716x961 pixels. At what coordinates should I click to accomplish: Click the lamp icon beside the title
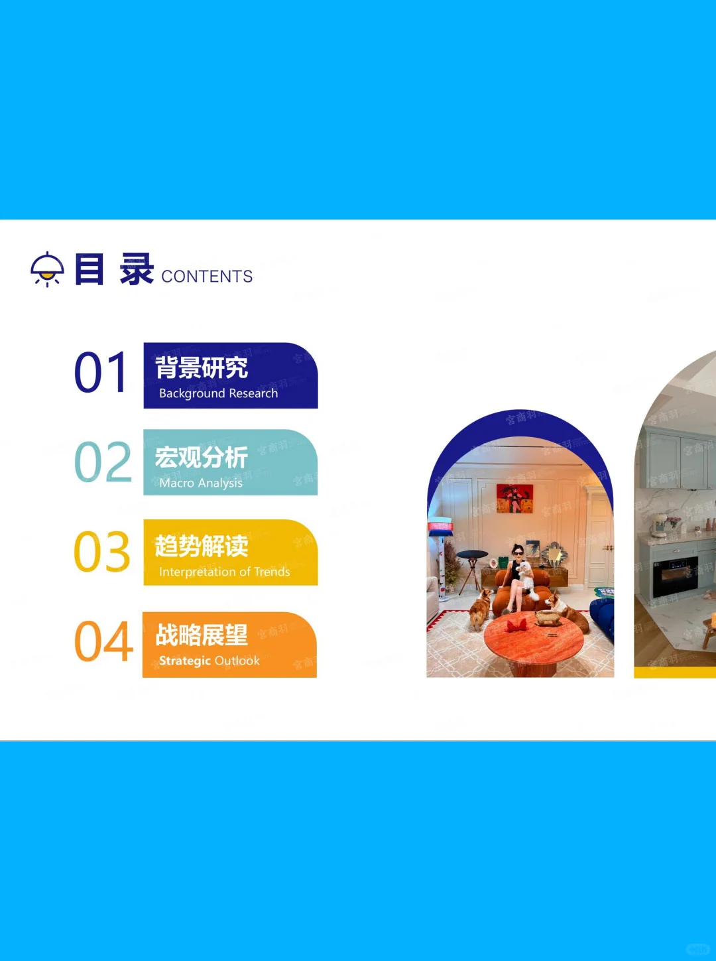tap(47, 269)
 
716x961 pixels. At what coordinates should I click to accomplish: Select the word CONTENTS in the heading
tap(207, 277)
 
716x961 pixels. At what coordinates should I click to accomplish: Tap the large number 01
tap(101, 373)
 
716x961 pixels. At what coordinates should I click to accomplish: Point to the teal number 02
tap(103, 462)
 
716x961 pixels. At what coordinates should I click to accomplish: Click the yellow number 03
tap(103, 552)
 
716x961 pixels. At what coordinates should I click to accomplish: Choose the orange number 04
tap(103, 642)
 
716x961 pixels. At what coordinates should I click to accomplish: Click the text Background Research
tap(218, 393)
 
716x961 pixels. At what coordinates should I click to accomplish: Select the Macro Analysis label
tap(201, 483)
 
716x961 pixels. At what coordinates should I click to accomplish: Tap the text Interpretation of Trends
tap(224, 572)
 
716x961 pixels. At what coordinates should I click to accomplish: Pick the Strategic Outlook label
tap(209, 661)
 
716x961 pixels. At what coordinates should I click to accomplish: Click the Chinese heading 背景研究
tap(202, 367)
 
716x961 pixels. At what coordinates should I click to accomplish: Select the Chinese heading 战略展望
tap(202, 635)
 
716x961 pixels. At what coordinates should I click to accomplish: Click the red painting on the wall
tap(514, 498)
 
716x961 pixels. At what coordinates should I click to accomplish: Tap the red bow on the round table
tap(516, 625)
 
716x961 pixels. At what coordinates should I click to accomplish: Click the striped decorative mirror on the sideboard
tap(554, 554)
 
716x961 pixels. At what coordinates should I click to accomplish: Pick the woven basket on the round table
tap(548, 618)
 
